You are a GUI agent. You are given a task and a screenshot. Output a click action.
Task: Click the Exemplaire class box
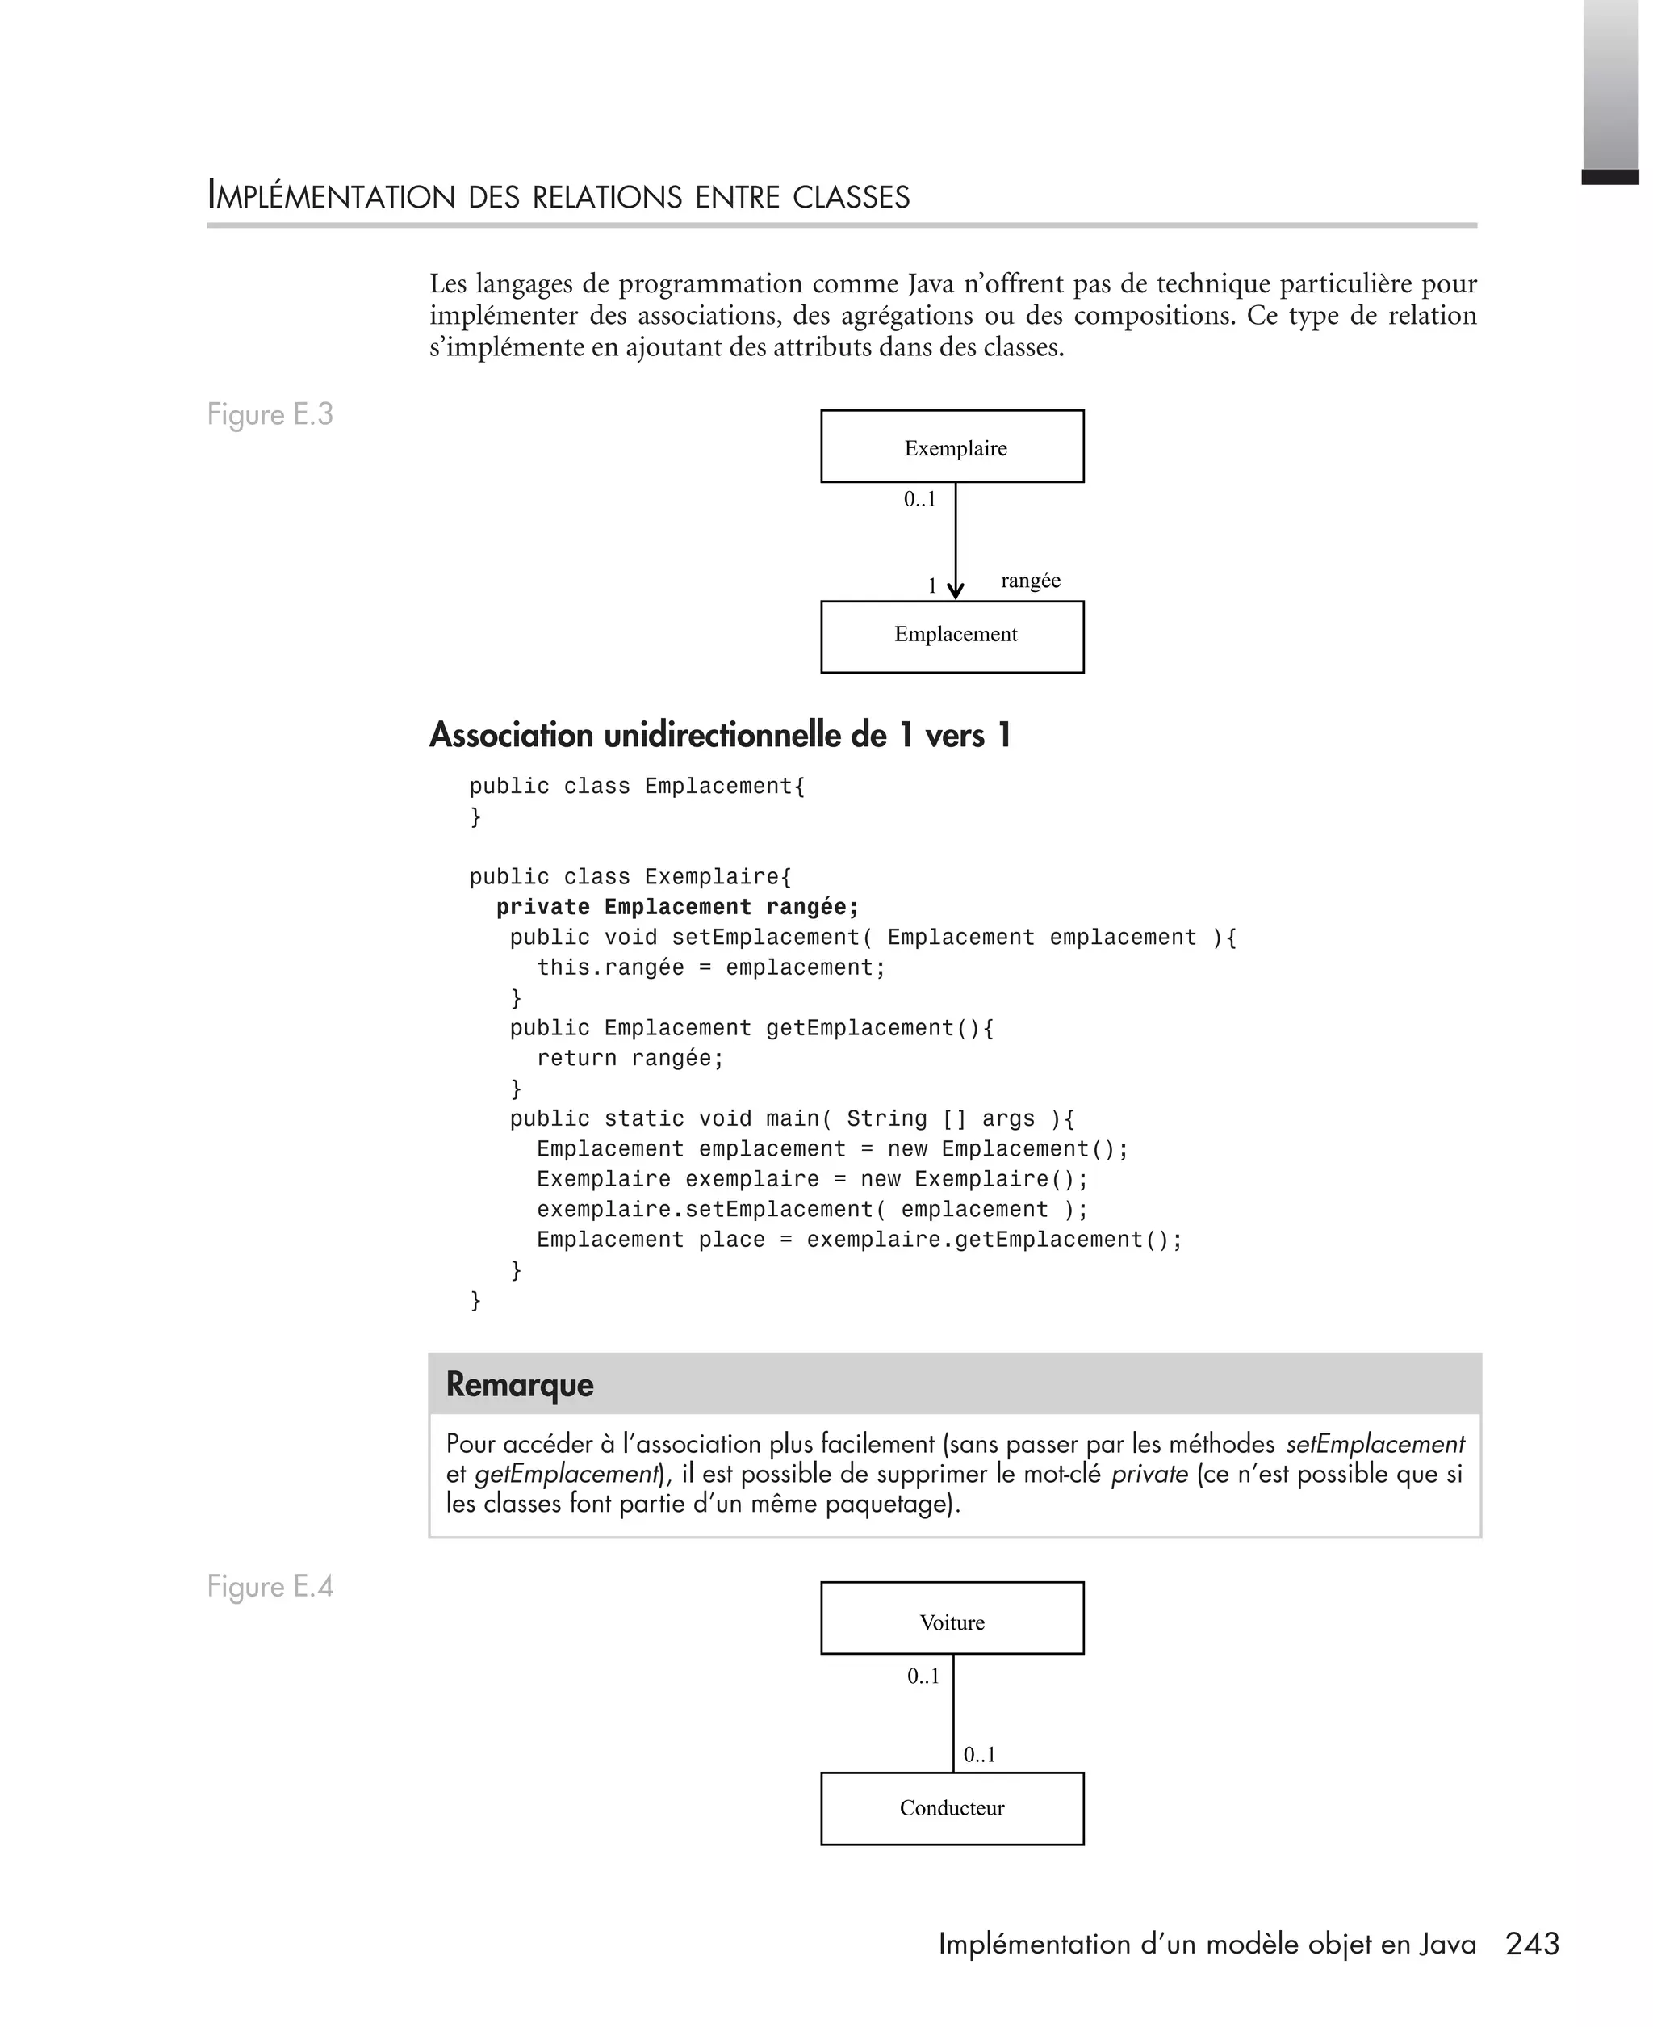pyautogui.click(x=952, y=446)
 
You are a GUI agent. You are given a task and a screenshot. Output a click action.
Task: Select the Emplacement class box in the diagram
pyautogui.click(x=952, y=636)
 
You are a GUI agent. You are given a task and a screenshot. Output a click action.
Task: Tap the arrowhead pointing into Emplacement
pyautogui.click(x=955, y=590)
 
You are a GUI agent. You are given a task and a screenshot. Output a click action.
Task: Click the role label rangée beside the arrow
pyautogui.click(x=1030, y=580)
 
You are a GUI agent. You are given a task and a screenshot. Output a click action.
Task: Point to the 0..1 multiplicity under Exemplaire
pyautogui.click(x=920, y=499)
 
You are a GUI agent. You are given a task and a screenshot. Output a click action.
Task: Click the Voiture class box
pyautogui.click(x=952, y=1622)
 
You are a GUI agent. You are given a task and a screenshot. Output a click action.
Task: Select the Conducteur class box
pyautogui.click(x=952, y=1808)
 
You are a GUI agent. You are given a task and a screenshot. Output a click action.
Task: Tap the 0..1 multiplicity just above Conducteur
pyautogui.click(x=979, y=1755)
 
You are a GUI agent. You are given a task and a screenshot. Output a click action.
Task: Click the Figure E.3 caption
pyautogui.click(x=270, y=414)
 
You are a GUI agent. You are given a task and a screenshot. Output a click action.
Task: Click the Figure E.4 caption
pyautogui.click(x=270, y=1586)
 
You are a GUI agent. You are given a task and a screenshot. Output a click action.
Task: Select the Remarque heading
pyautogui.click(x=520, y=1384)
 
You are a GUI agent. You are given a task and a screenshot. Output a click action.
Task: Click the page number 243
pyautogui.click(x=1532, y=1943)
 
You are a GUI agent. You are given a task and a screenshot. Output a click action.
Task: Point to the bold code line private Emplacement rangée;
pyautogui.click(x=677, y=907)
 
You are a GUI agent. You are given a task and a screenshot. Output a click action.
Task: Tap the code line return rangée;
pyautogui.click(x=630, y=1058)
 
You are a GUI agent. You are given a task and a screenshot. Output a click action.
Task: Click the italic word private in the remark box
pyautogui.click(x=1149, y=1475)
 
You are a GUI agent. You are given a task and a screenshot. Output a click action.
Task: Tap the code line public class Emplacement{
pyautogui.click(x=637, y=786)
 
